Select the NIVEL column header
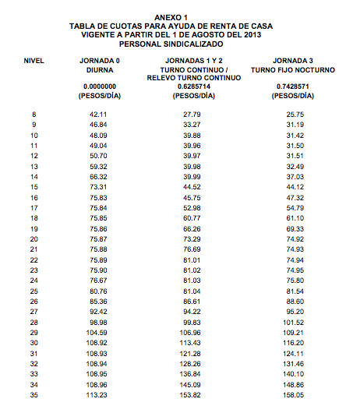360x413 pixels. click(x=34, y=60)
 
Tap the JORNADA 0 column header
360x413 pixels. click(x=99, y=60)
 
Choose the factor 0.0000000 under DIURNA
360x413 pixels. click(x=99, y=86)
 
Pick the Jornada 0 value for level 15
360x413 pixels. click(x=98, y=188)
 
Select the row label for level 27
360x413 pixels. click(x=34, y=311)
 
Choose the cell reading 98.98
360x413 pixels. click(x=98, y=321)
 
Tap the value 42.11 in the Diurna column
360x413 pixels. click(x=98, y=115)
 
